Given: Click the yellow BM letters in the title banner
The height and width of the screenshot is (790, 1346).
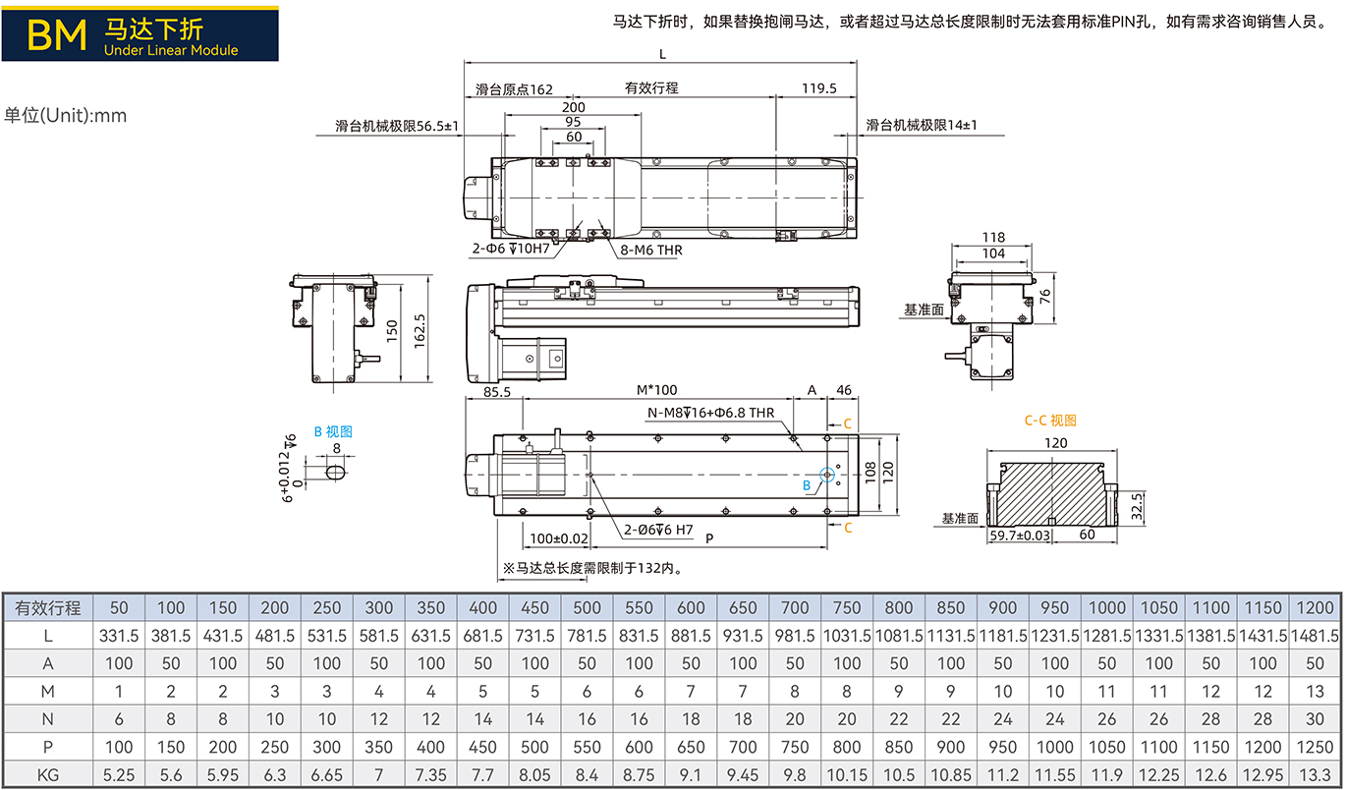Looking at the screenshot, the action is [x=57, y=34].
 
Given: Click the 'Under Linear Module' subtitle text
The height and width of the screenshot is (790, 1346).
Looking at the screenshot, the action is [x=171, y=50].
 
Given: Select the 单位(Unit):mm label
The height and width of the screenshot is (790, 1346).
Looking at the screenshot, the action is [x=66, y=115].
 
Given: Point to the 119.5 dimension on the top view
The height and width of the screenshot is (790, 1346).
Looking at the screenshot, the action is [x=819, y=88].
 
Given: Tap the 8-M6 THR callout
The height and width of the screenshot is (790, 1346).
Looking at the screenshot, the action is [x=651, y=250].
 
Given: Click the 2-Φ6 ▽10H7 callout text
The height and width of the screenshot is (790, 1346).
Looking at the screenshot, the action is [x=511, y=249].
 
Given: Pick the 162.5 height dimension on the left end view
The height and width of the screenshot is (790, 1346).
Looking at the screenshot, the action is [x=420, y=331].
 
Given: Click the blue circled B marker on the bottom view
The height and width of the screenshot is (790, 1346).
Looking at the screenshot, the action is [x=827, y=475].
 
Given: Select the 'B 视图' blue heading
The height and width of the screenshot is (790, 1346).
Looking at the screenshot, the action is [x=333, y=431].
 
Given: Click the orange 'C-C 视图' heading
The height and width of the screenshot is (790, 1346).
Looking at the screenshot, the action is [x=1050, y=421].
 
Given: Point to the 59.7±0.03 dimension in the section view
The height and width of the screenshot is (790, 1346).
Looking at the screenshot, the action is [x=1020, y=536].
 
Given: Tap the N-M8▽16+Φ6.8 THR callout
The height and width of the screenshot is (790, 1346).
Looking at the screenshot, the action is [x=711, y=413].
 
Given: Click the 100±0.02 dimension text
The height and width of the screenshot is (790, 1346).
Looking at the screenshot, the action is [x=559, y=538].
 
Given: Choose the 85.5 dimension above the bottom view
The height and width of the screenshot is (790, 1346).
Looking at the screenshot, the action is [x=497, y=392].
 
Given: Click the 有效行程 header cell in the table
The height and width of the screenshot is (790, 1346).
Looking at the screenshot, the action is [x=48, y=608].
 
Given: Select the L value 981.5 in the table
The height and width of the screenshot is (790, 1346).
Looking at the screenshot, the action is [x=795, y=636].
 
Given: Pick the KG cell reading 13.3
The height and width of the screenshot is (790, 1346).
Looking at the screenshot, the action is [x=1316, y=775].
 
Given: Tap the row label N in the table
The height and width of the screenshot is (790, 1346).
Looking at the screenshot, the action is [x=48, y=719].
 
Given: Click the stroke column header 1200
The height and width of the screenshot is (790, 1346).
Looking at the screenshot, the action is [x=1316, y=608].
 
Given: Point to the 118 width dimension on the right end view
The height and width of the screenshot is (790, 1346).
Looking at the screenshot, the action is [x=993, y=238].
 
